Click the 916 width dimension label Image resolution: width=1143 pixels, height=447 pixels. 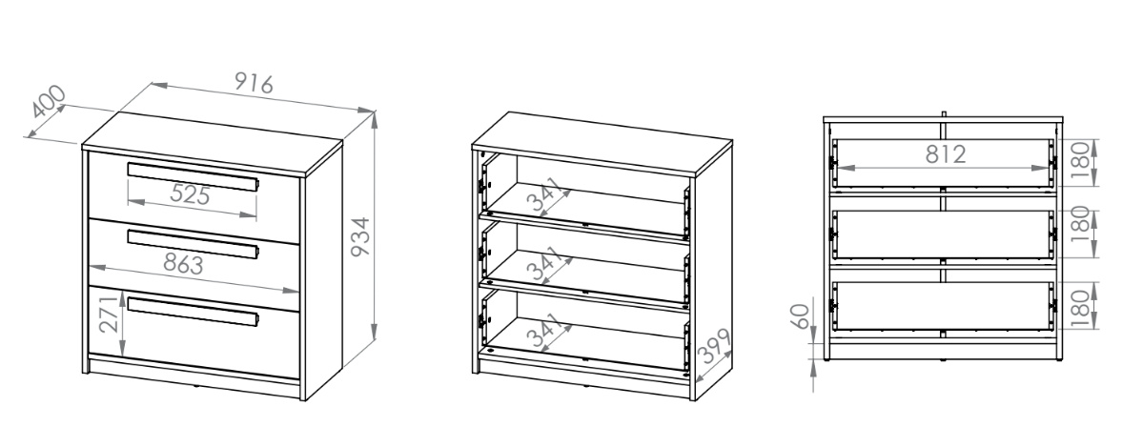coord(254,82)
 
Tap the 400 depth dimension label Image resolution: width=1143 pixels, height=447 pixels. coord(49,102)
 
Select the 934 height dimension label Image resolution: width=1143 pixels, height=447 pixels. coord(361,236)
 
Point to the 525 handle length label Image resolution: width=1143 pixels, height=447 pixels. coord(191,194)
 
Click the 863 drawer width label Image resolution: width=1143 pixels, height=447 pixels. coord(184,264)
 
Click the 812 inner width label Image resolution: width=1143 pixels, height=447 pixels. coord(946,153)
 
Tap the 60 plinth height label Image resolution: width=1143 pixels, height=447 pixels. coord(801,316)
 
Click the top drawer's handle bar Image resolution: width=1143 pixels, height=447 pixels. coord(194,176)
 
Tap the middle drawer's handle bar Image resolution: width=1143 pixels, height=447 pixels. coord(194,244)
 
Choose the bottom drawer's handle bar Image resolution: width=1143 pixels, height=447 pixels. coord(194,311)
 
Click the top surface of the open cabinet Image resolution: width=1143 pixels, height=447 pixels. coord(602,144)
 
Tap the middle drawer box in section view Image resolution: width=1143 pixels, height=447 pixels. coord(943,234)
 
